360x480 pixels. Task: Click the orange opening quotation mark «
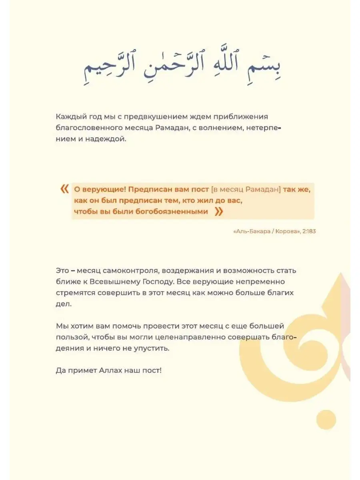(x=64, y=189)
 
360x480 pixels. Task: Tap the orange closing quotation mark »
(x=218, y=212)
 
